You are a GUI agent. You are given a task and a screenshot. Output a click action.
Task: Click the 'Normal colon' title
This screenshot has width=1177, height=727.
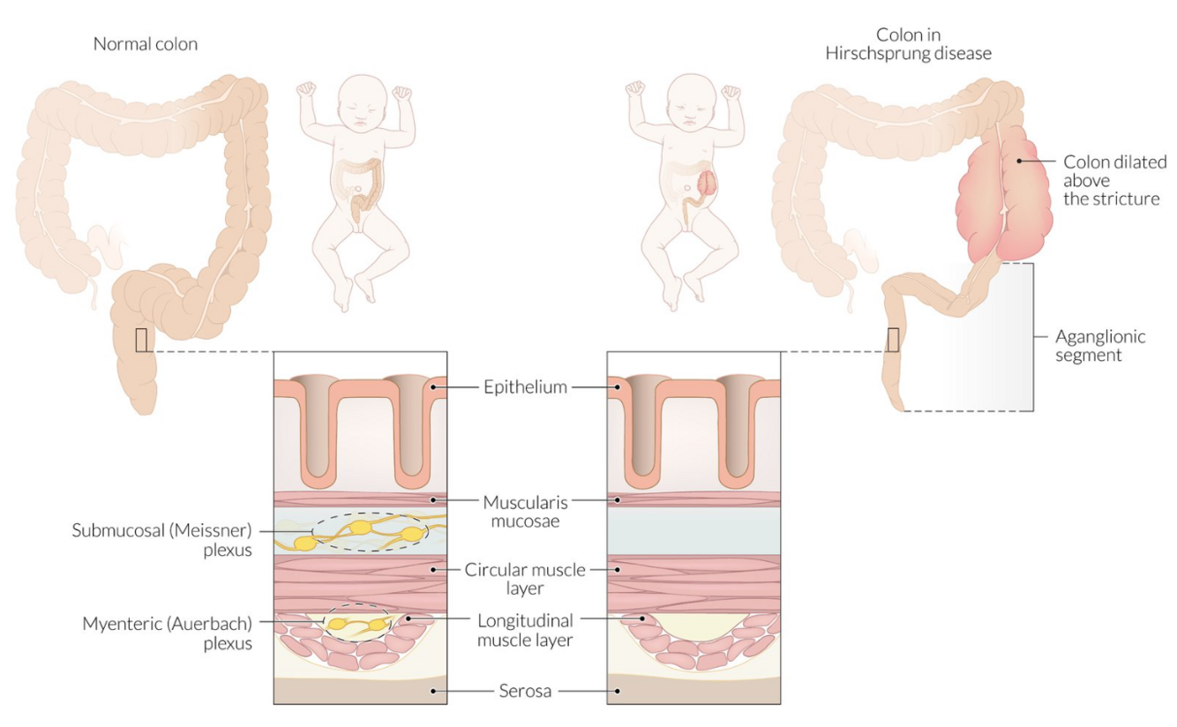pos(146,44)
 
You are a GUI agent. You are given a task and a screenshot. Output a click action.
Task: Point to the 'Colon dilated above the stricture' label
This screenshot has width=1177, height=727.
pos(1114,180)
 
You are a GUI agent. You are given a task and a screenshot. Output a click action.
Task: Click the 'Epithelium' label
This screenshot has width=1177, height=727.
pos(525,386)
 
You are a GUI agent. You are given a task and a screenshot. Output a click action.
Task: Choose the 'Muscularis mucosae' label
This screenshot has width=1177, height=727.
pos(525,511)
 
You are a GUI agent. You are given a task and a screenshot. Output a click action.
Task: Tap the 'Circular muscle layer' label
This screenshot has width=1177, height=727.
pos(525,579)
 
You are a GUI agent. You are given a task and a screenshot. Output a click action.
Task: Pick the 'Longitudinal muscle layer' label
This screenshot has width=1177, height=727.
pos(525,630)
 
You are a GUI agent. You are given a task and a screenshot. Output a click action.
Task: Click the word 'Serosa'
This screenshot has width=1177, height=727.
pos(525,691)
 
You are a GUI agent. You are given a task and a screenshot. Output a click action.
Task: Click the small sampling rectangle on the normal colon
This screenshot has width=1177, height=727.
pos(141,340)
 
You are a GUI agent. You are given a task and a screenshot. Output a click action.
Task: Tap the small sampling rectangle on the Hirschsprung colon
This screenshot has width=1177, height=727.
pos(893,340)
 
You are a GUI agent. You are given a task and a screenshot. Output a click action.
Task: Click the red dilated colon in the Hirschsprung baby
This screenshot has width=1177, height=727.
pos(707,183)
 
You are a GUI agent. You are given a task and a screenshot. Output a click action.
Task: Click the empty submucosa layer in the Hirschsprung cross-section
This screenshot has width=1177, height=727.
pos(693,531)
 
